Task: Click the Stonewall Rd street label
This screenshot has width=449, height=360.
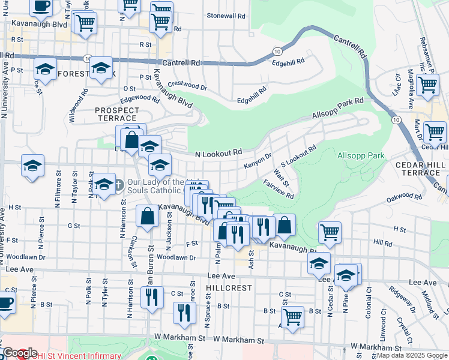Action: [226, 16]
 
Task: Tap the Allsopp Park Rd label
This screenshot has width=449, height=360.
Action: [338, 109]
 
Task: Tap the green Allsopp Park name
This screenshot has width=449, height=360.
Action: [361, 156]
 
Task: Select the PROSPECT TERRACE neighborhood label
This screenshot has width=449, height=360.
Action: [117, 115]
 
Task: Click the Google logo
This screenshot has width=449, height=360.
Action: [20, 353]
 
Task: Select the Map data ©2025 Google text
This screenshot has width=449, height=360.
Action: [412, 356]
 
